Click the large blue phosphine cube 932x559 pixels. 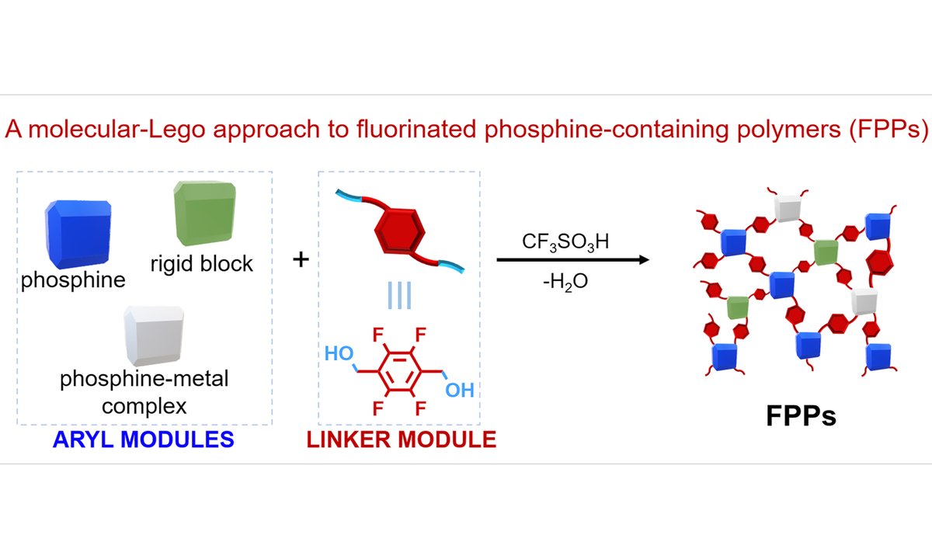(x=75, y=233)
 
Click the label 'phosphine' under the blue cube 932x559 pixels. (x=73, y=279)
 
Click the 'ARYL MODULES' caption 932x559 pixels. (x=143, y=439)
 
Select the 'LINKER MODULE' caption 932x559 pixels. (x=401, y=439)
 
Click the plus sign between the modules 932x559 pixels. (x=300, y=259)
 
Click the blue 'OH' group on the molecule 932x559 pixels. (x=460, y=388)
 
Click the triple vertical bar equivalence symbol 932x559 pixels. (x=398, y=296)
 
